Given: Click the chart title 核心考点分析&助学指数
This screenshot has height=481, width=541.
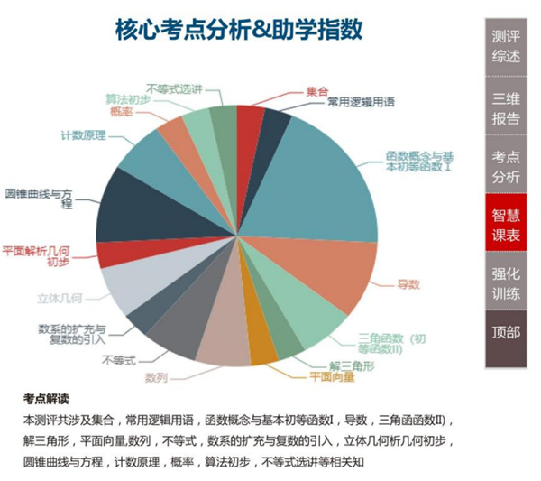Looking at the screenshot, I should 239,30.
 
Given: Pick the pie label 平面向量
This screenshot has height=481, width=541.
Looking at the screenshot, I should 331,375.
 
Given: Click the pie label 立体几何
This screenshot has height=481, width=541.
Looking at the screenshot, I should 60,297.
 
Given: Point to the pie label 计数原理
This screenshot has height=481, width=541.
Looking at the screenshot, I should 83,135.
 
